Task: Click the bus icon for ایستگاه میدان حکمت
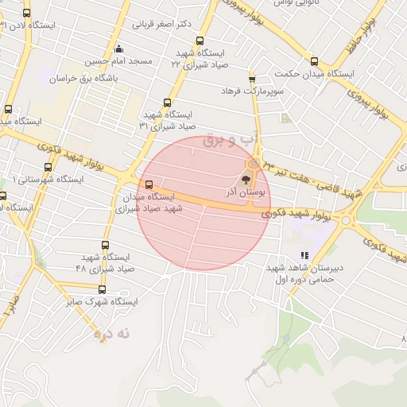[x=314, y=61]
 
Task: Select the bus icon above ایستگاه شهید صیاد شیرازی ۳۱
[x=167, y=103]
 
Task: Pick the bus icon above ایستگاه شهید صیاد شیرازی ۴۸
[x=107, y=245]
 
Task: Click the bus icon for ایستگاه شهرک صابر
[x=102, y=289]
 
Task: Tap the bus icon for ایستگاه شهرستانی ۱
[x=48, y=167]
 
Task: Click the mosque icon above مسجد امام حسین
[x=118, y=48]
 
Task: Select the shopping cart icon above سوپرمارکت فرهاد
[x=253, y=79]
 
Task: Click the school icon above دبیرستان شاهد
[x=304, y=256]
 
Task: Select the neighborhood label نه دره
[x=111, y=335]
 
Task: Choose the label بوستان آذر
[x=249, y=192]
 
